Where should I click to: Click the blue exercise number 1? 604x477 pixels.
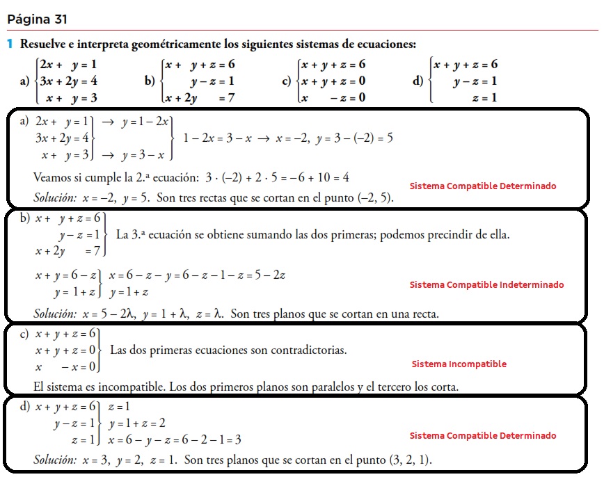tap(10, 45)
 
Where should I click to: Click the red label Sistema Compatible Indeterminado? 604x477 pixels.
tap(486, 284)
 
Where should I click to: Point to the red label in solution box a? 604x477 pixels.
tap(482, 186)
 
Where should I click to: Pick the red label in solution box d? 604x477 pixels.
tap(482, 435)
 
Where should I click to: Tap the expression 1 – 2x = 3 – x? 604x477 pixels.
tap(216, 138)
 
